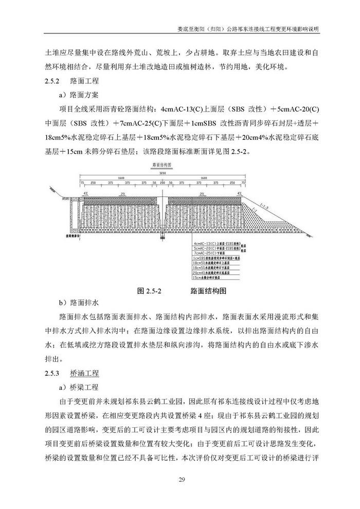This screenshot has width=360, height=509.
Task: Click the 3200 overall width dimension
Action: [x=163, y=173]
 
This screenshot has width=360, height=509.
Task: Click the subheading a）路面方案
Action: [x=81, y=95]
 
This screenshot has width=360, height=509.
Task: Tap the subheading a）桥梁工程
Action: [x=81, y=387]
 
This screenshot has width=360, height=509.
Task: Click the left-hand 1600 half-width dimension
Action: [x=121, y=178]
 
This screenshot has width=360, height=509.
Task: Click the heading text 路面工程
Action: [x=85, y=81]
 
